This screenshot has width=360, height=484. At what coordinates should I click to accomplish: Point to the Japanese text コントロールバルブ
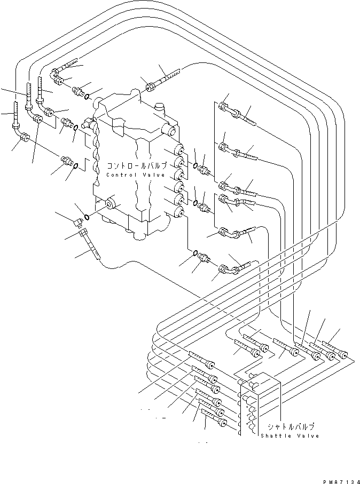[137, 165]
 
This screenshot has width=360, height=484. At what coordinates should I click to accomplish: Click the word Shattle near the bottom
[277, 435]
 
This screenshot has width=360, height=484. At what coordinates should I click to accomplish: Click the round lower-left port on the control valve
[111, 203]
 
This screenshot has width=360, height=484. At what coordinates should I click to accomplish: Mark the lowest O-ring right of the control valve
[195, 253]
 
